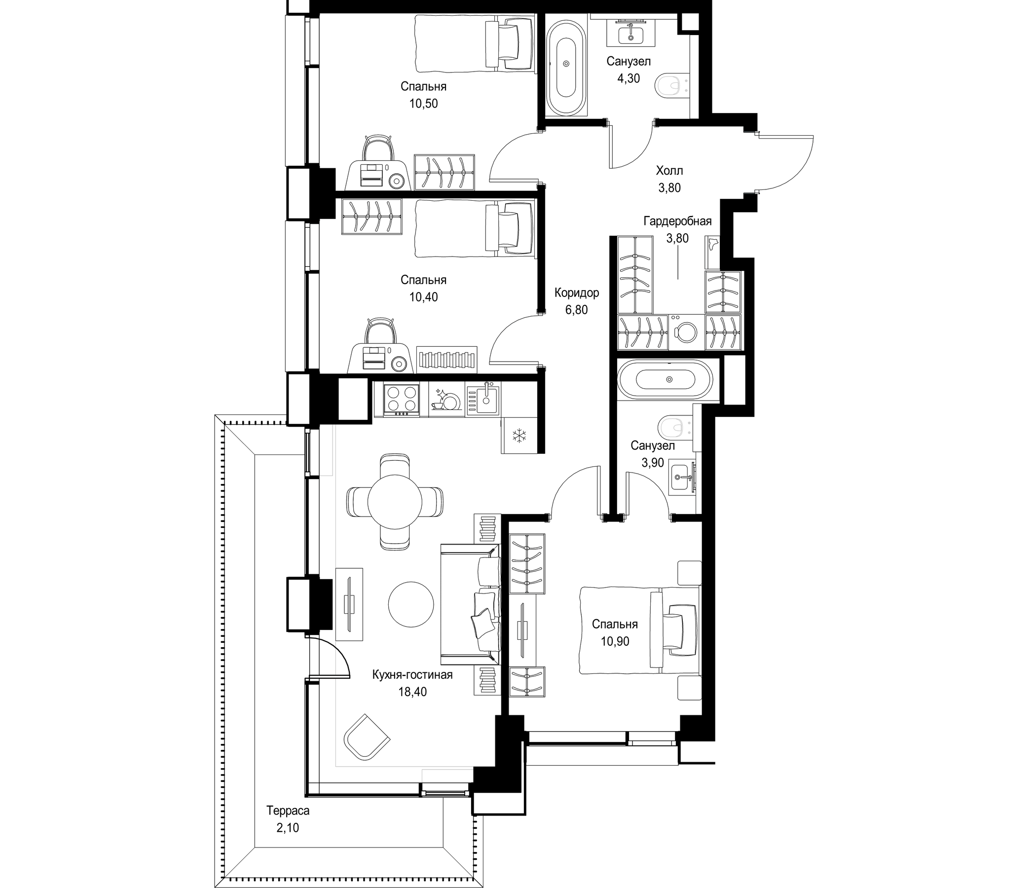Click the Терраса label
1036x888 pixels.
288,811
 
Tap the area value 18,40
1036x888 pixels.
412,692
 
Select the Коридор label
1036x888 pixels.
577,293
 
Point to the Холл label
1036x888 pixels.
669,171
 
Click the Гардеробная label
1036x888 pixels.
677,221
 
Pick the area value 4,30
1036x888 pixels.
629,78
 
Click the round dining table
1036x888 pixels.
395,502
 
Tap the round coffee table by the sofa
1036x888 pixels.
411,604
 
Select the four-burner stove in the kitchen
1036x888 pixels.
402,399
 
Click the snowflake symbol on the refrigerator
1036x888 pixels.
519,436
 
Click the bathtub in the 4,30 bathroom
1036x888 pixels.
566,64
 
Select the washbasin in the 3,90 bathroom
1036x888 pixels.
682,477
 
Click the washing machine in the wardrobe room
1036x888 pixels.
687,331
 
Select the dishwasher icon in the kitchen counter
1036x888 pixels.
446,399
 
